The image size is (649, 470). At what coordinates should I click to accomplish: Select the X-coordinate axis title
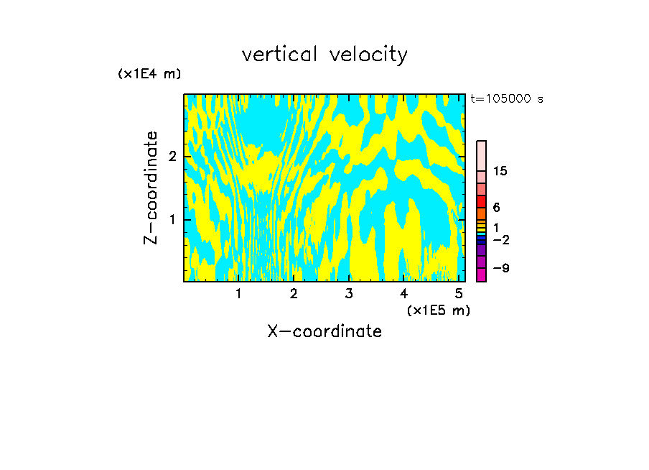coord(324,331)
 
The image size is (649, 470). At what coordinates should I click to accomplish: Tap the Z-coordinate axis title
coord(151,188)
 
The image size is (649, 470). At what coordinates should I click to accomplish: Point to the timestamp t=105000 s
coord(506,98)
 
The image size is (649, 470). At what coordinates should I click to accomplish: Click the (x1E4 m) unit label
coord(149,74)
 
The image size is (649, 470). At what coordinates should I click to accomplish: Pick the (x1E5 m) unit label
coord(438,310)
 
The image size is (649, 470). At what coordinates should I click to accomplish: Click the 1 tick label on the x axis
coord(239,293)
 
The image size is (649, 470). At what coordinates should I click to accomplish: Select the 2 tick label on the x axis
coord(294,293)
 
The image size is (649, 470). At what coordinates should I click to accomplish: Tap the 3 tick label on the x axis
coord(349,293)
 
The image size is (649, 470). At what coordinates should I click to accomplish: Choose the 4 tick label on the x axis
coord(403,293)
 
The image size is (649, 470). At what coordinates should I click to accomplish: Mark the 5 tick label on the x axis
coord(459,293)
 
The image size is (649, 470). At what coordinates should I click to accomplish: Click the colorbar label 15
coord(500,171)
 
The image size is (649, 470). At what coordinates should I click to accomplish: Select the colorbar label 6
coord(496,207)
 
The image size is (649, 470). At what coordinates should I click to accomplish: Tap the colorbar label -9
coord(502,268)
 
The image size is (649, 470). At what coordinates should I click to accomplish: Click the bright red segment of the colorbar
coord(481,201)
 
